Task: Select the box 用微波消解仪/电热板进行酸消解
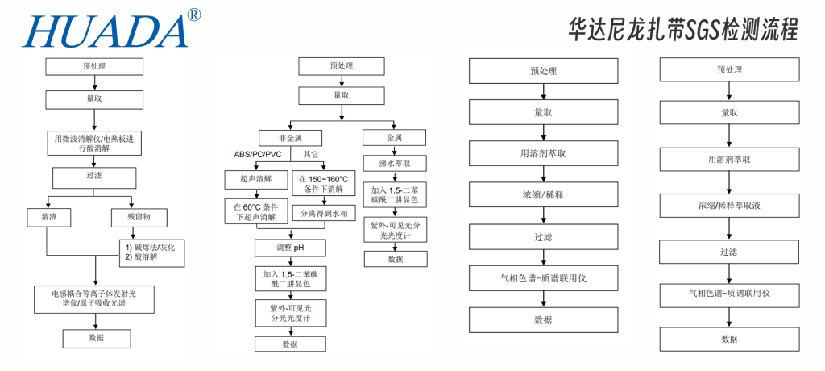tap(97, 143)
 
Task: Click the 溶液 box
tap(45, 216)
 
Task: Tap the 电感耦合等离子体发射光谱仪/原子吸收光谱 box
tap(97, 297)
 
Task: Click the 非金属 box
tap(291, 137)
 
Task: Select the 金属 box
tap(395, 137)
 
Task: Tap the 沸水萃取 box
tap(395, 163)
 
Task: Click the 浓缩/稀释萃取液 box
tap(729, 205)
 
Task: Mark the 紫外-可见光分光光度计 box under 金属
tap(395, 229)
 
